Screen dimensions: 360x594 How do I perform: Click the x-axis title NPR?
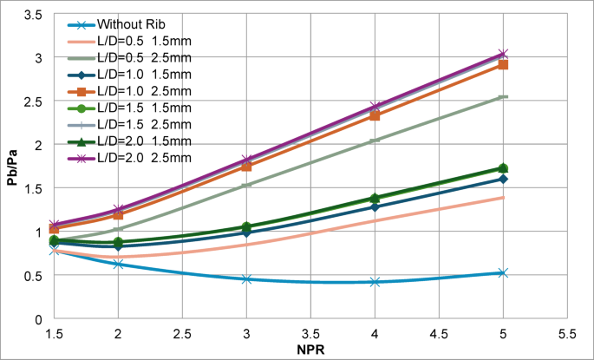[x=311, y=350]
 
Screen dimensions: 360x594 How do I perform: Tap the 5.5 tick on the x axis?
[x=567, y=333]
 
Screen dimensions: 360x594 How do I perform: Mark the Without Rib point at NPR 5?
[x=503, y=272]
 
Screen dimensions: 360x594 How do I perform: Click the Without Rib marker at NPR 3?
[x=247, y=279]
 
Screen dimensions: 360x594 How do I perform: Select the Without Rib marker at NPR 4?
[x=375, y=281]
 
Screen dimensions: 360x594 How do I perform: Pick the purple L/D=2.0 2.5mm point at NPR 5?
[x=503, y=54]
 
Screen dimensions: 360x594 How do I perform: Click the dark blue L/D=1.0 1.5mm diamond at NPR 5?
[x=503, y=179]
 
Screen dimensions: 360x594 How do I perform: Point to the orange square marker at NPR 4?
[x=375, y=115]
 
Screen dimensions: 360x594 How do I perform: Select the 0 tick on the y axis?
[x=39, y=319]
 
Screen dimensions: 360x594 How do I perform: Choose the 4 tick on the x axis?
[x=375, y=333]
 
